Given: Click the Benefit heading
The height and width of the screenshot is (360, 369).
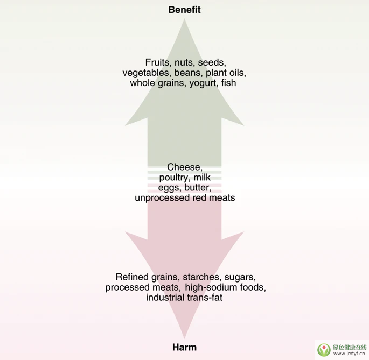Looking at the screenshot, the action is point(184,10).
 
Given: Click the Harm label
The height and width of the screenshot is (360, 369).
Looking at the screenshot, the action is point(184,347).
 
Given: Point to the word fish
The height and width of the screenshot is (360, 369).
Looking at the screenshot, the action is point(228,83).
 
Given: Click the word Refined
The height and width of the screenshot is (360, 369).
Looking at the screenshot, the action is point(132,277).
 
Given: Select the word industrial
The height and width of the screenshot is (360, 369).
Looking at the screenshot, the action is point(165,298).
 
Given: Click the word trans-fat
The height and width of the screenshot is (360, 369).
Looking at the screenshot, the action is point(205,298).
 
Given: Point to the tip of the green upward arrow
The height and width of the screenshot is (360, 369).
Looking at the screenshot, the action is point(184,19).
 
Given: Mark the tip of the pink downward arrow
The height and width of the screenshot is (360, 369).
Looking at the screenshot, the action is point(184,338).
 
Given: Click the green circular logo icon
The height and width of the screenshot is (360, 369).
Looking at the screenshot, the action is point(324,350).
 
